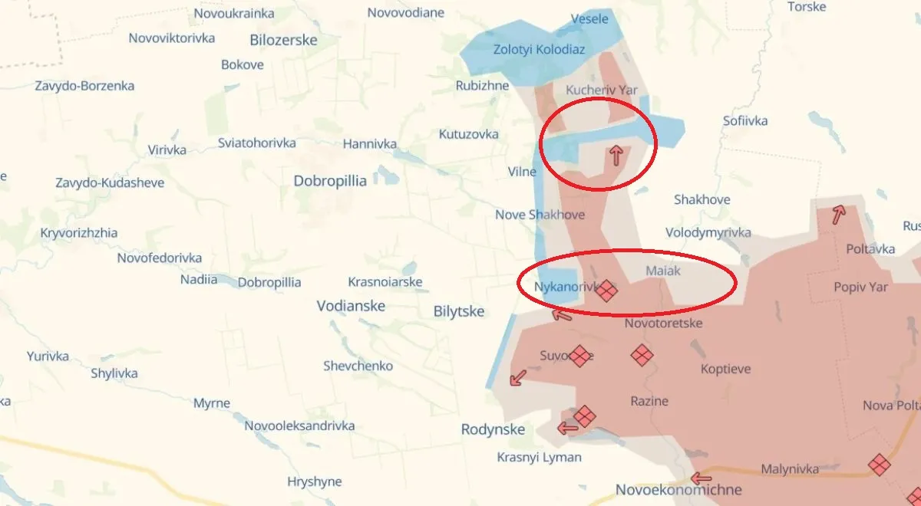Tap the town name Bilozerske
[x=283, y=40]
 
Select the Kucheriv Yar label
[x=602, y=90]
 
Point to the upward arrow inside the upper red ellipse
[x=615, y=156]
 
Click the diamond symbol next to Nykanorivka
[x=606, y=290]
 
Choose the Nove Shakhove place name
[x=540, y=215]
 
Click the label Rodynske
[x=493, y=429]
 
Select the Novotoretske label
[x=663, y=323]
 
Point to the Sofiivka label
[x=745, y=120]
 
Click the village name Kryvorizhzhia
[x=79, y=233]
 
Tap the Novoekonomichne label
[x=678, y=490]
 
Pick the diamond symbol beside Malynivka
[x=879, y=464]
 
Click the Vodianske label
[x=351, y=306]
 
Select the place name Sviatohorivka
[x=256, y=143]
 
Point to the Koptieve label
[x=725, y=369]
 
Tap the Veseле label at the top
[x=590, y=19]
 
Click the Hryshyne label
[x=314, y=481]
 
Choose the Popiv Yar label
[x=860, y=287]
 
